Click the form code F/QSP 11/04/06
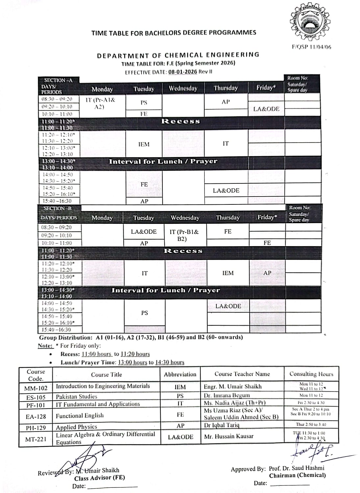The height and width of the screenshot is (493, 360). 311,47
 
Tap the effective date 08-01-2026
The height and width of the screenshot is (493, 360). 182,72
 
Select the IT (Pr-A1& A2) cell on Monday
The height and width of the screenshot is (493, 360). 100,103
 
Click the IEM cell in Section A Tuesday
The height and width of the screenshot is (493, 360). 144,144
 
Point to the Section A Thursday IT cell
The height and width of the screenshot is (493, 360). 226,144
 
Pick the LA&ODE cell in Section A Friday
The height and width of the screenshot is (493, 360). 266,109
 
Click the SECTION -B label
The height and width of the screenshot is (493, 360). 58,208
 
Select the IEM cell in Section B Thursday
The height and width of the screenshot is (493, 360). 228,273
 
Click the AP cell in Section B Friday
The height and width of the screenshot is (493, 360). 267,273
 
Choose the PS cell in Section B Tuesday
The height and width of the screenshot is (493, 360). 145,313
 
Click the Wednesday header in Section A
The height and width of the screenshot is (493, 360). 183,88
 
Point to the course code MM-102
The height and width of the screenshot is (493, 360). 36,388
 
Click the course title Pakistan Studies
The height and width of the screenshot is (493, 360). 77,396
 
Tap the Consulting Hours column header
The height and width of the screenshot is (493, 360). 311,374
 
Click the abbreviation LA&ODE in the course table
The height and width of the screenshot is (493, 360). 180,437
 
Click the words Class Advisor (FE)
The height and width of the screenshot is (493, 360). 100,478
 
